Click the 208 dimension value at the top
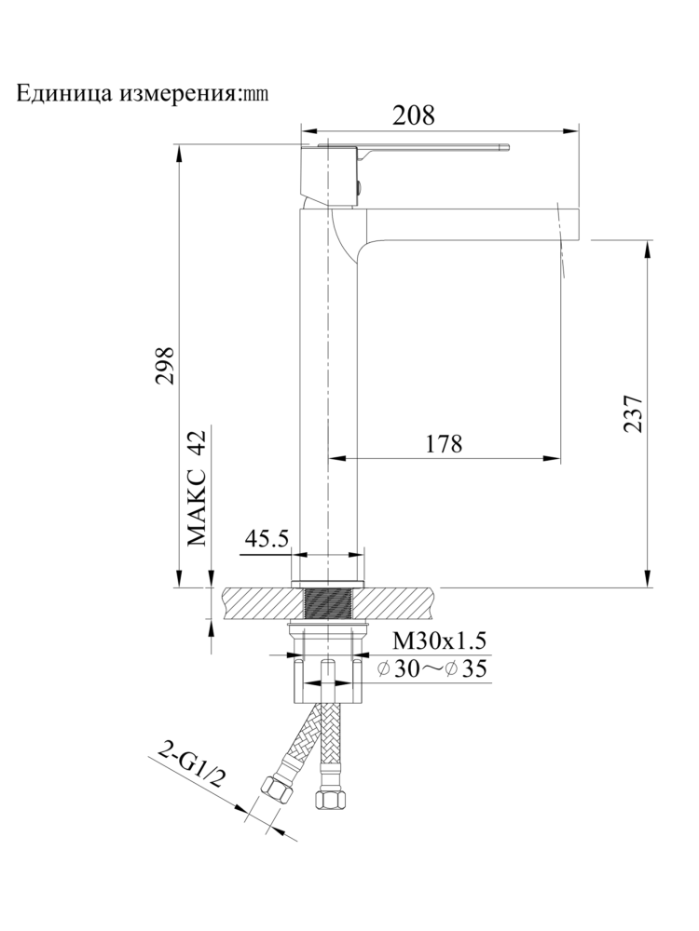tap(413, 115)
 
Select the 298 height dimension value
tap(165, 370)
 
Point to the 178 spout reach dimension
tap(444, 444)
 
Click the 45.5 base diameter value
tap(267, 539)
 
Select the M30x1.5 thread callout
tap(439, 641)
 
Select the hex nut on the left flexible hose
tap(277, 794)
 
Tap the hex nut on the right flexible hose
tap(327, 798)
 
